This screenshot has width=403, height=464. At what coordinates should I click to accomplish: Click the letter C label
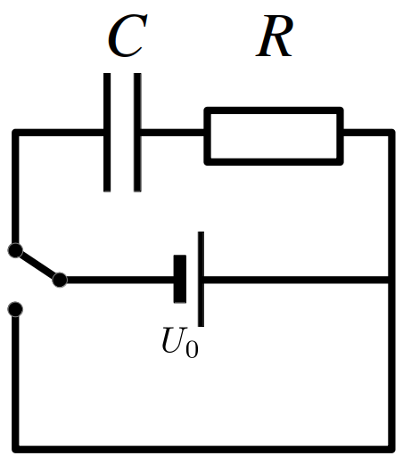tap(127, 36)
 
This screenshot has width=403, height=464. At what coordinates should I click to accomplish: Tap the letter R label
tap(275, 36)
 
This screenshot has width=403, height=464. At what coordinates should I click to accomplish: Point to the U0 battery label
tap(180, 342)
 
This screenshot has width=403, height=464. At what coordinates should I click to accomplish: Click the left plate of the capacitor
tap(107, 133)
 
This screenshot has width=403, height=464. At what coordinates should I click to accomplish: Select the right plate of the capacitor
tap(137, 133)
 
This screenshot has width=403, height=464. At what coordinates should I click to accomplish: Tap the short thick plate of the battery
tap(180, 279)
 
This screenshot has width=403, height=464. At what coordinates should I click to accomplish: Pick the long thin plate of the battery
tap(201, 279)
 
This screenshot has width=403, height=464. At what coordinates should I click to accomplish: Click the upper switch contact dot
tap(15, 250)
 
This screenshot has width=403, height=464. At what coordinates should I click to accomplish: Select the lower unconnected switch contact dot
tap(15, 309)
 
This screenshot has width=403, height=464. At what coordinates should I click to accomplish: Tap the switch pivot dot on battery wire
tap(60, 280)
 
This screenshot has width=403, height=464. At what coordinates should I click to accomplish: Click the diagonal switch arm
tap(37, 265)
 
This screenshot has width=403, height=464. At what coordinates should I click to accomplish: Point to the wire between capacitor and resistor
tap(173, 133)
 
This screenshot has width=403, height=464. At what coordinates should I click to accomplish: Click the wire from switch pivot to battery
tap(120, 280)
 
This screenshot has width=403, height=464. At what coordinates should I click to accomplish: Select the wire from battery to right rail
tap(296, 280)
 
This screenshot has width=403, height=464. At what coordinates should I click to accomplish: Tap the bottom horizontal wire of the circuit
tap(203, 450)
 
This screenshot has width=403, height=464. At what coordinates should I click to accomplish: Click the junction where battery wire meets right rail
tap(391, 280)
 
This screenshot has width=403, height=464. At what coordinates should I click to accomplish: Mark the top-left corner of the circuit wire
tap(15, 133)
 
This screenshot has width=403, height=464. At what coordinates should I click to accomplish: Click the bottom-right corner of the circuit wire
tap(391, 450)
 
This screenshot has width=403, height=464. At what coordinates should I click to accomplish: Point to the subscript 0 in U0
tap(192, 350)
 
